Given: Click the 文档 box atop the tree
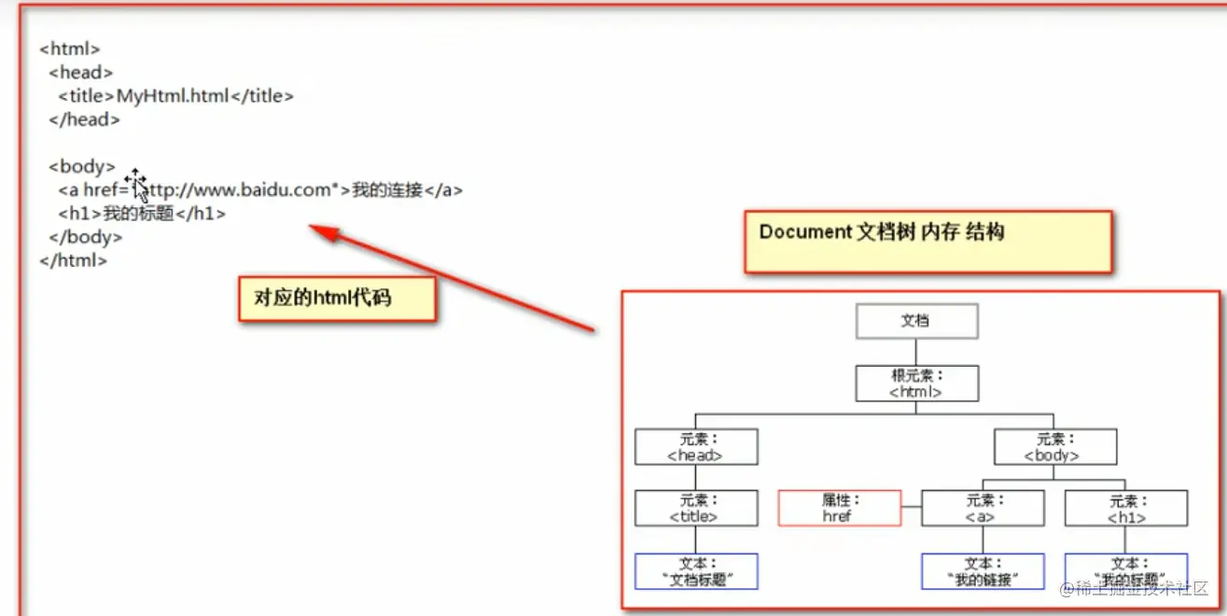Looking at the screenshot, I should [x=916, y=321].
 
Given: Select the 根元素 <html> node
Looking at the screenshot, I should [x=916, y=384].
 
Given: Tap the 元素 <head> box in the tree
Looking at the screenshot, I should [x=695, y=447].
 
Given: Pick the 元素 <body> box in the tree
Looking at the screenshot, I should [x=1054, y=447].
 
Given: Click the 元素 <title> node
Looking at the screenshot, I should [x=695, y=509].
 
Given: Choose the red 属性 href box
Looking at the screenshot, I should [x=839, y=509].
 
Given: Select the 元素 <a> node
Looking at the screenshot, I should [x=982, y=509].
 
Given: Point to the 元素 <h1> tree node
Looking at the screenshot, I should [x=1125, y=509].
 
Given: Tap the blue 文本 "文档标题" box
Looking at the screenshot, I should [x=695, y=571].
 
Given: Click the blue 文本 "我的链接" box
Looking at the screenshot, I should [x=982, y=571].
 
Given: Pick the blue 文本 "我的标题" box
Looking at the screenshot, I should [x=1125, y=571].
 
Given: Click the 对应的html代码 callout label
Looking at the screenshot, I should [x=336, y=299].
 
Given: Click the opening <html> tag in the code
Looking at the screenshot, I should [x=70, y=49].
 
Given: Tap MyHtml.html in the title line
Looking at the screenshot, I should [x=173, y=95].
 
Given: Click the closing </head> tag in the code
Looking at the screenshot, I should [x=85, y=119].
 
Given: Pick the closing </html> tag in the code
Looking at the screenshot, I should [x=74, y=261].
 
